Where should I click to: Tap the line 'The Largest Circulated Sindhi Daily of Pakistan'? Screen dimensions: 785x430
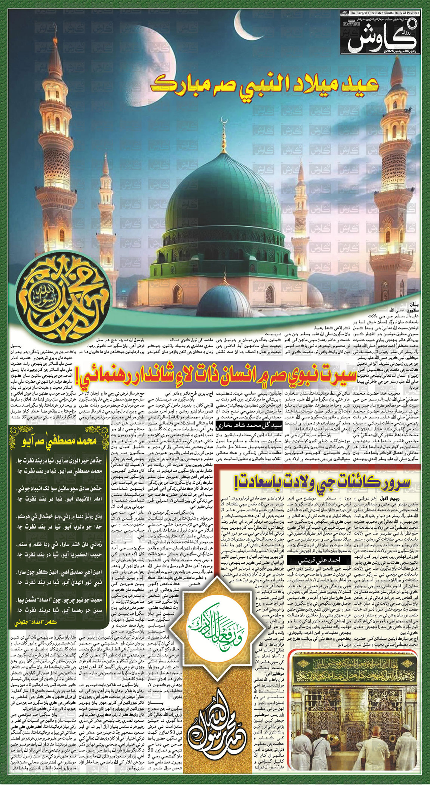(385, 13)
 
